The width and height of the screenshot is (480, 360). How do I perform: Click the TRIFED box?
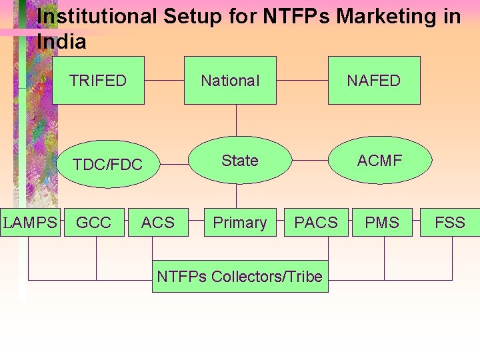click(x=98, y=81)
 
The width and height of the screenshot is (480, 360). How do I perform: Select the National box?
click(x=230, y=81)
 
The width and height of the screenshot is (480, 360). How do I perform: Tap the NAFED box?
click(x=374, y=81)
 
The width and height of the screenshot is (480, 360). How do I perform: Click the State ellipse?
click(x=240, y=160)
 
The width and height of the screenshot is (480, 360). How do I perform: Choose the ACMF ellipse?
click(x=380, y=160)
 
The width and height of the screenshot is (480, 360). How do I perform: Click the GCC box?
click(x=94, y=223)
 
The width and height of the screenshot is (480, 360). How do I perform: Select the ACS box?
click(x=158, y=223)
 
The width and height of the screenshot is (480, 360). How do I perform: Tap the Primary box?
click(x=239, y=223)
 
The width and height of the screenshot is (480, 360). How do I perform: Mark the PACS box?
click(x=316, y=223)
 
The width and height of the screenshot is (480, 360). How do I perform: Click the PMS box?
click(x=382, y=223)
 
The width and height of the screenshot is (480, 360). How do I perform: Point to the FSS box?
click(x=450, y=223)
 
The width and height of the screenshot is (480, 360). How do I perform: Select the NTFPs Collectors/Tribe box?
click(x=240, y=276)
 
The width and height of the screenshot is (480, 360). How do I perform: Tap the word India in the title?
click(x=62, y=42)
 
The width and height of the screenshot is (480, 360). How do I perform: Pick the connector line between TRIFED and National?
click(x=164, y=81)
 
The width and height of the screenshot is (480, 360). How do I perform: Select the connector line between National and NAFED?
click(x=302, y=81)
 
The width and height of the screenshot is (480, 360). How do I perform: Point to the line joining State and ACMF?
click(x=311, y=160)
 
